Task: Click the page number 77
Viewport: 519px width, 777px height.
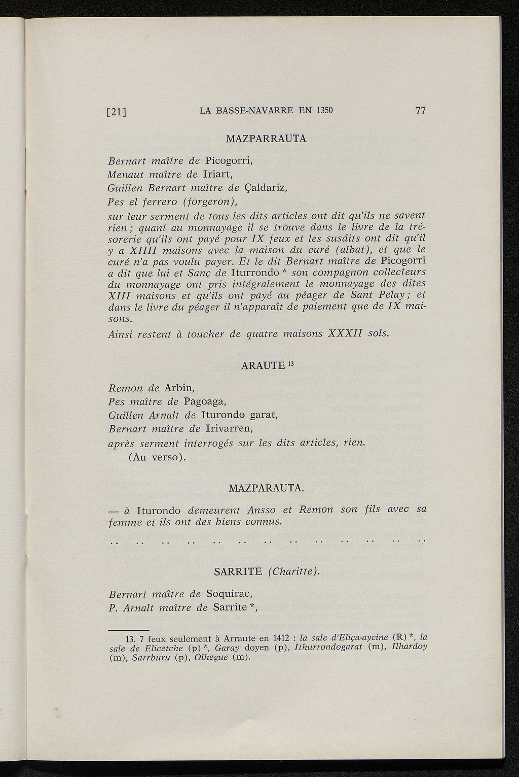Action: point(420,111)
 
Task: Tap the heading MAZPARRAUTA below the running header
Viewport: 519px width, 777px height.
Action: point(266,138)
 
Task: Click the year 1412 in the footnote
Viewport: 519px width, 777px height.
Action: point(280,638)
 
